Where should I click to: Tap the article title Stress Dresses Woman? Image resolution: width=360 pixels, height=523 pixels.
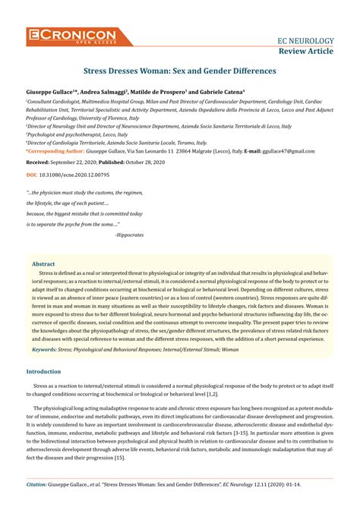179,71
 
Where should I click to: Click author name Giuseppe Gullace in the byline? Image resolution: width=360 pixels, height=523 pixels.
53,90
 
